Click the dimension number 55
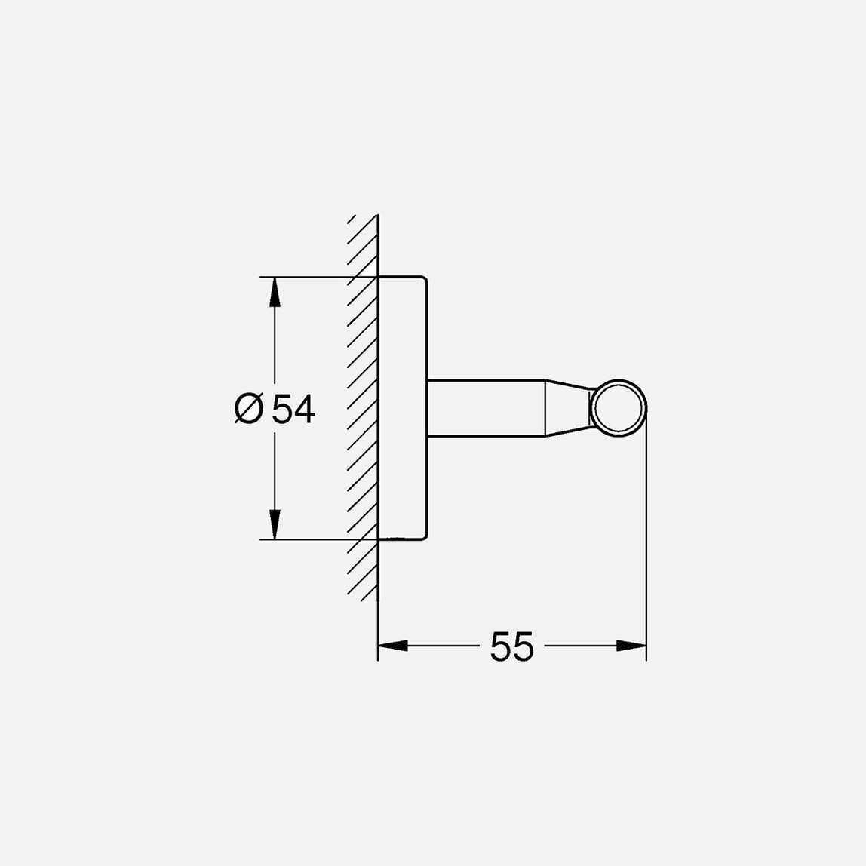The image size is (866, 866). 511,646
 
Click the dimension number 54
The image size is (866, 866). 293,409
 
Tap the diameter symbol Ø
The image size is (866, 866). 249,409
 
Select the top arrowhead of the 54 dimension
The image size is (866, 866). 275,291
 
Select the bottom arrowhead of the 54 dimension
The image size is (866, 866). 275,525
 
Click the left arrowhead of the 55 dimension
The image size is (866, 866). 392,646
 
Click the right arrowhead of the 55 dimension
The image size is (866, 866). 631,646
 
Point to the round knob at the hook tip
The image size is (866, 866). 619,409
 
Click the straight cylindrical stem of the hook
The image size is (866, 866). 487,408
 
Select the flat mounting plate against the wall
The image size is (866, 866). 403,408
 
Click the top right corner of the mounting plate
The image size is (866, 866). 427,279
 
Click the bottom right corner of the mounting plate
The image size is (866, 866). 427,537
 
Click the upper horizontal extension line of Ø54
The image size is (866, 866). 317,277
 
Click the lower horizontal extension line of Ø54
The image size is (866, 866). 317,539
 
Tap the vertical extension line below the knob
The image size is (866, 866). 646,543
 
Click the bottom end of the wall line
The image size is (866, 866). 377,658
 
